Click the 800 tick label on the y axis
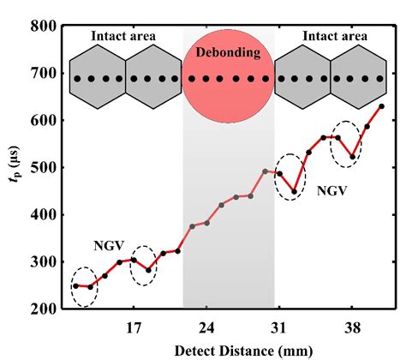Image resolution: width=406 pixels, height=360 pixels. click(x=42, y=27)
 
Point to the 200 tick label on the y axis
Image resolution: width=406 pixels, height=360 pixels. click(x=42, y=309)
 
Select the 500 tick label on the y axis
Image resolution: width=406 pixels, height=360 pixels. click(x=42, y=168)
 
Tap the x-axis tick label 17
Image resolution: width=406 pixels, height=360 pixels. click(x=133, y=327)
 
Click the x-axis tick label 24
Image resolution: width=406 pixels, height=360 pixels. click(x=206, y=327)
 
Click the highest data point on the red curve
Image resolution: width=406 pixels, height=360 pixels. click(x=382, y=106)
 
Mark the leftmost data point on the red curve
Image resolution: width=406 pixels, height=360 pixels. click(x=75, y=285)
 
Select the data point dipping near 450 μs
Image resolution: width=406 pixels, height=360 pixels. click(x=294, y=192)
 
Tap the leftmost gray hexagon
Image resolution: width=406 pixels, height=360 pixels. click(x=96, y=79)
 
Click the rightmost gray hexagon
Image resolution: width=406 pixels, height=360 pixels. click(x=357, y=79)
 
